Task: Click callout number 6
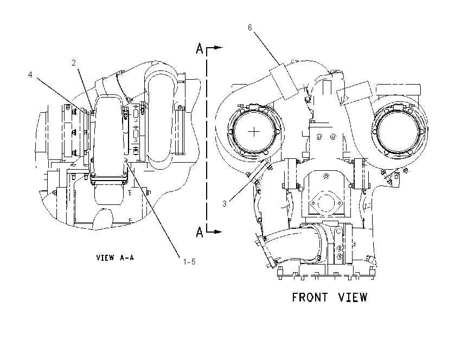pyautogui.click(x=250, y=28)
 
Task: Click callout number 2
pyautogui.click(x=74, y=62)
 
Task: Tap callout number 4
pyautogui.click(x=30, y=75)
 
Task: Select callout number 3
pyautogui.click(x=225, y=204)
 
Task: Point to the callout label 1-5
pyautogui.click(x=189, y=261)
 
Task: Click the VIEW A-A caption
pyautogui.click(x=115, y=258)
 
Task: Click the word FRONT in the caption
pyautogui.click(x=310, y=298)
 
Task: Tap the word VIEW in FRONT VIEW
pyautogui.click(x=353, y=298)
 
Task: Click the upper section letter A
pyautogui.click(x=200, y=48)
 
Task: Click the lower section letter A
pyautogui.click(x=200, y=232)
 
